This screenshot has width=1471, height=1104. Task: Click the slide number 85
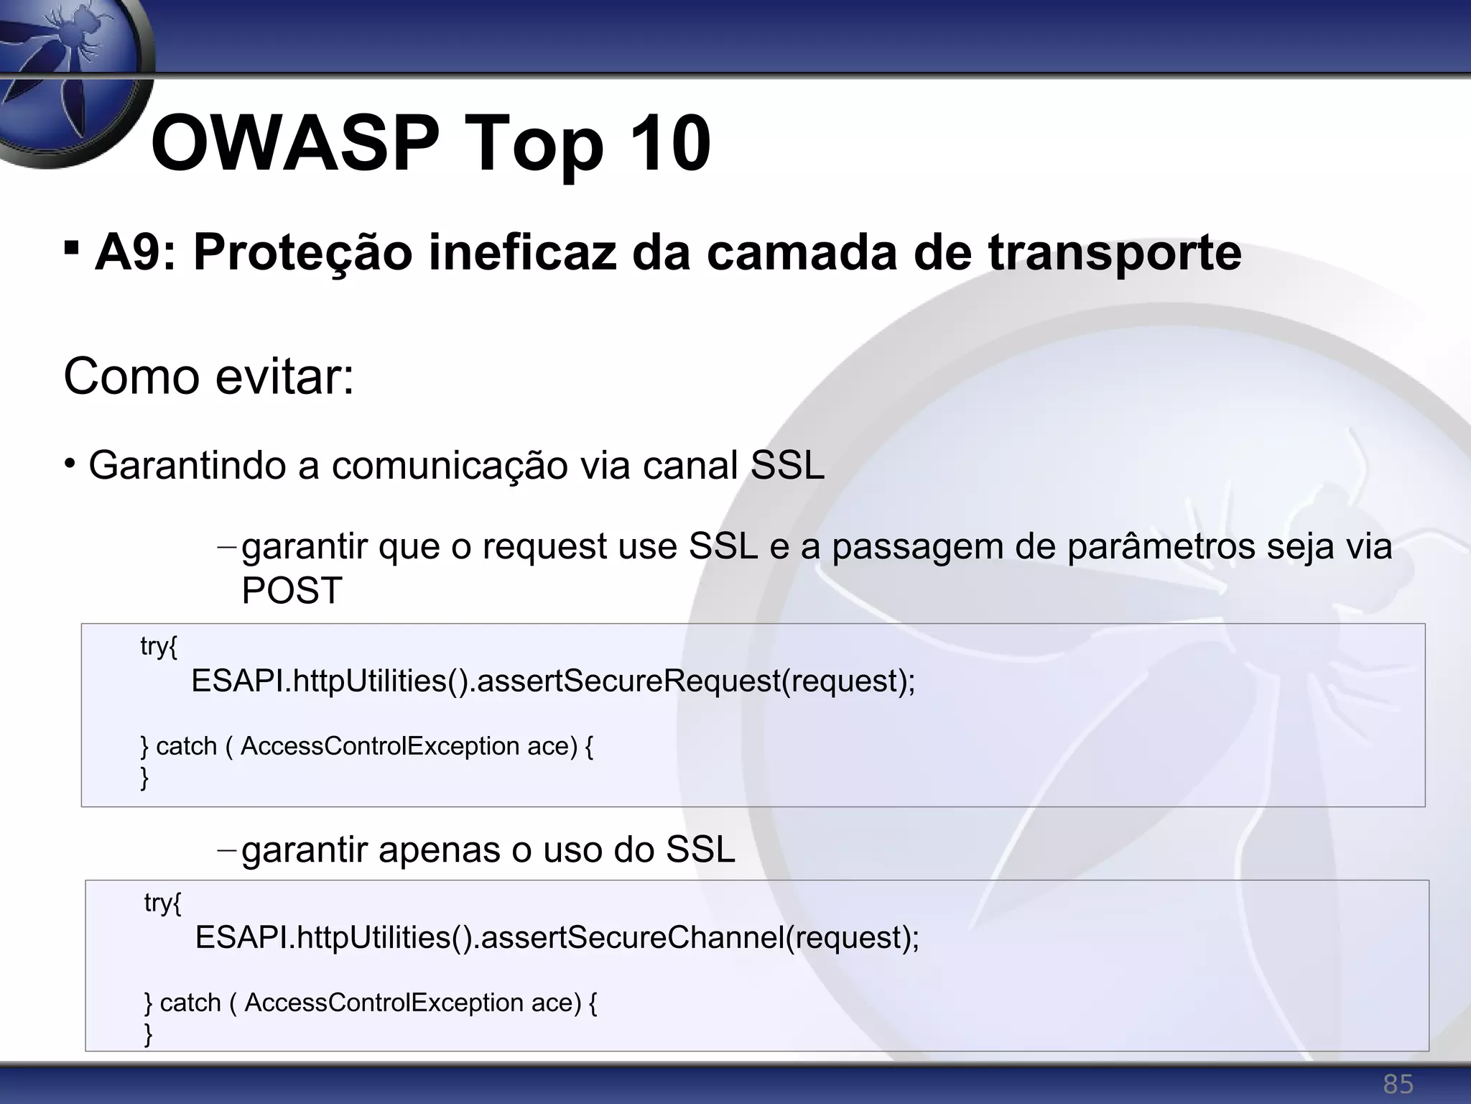(x=1398, y=1084)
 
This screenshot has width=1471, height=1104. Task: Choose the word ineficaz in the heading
(x=522, y=253)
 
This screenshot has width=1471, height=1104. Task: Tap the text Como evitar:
(x=209, y=376)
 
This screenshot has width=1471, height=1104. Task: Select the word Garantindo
(x=187, y=466)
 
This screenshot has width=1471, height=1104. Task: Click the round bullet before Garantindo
(x=69, y=462)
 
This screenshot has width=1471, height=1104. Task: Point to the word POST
(x=292, y=591)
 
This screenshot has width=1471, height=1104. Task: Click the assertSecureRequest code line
(x=553, y=681)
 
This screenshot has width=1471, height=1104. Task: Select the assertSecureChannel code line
(x=557, y=937)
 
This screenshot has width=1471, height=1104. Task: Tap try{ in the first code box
(x=158, y=646)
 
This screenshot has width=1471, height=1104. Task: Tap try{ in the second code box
(x=162, y=903)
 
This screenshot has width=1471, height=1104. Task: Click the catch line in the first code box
(x=366, y=747)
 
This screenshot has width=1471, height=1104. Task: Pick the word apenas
(x=440, y=850)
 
